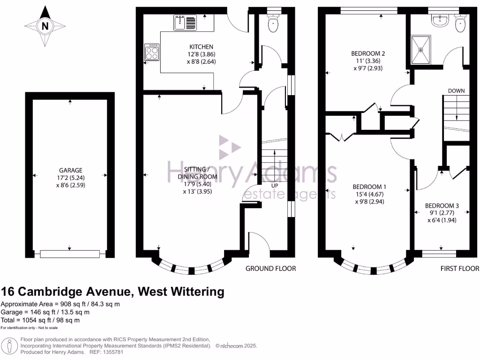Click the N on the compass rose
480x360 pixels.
45,27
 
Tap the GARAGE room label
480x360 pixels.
70,170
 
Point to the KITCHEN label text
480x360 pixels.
201,47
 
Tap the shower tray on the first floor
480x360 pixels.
420,49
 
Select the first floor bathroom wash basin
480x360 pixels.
440,21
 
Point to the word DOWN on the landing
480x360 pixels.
456,90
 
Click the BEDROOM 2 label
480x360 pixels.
368,53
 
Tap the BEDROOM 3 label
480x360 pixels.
442,205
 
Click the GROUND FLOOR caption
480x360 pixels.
271,269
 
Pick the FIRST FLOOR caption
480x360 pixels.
460,269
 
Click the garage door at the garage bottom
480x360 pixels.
70,254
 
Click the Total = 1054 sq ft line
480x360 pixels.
40,320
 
